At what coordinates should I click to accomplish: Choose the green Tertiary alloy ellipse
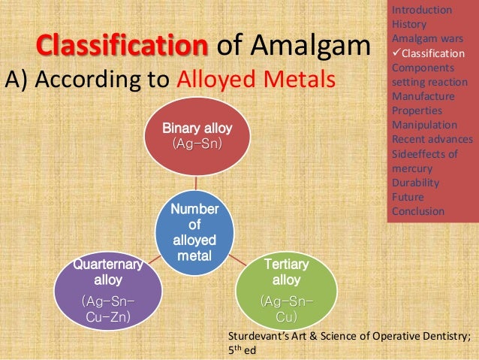(x=286, y=289)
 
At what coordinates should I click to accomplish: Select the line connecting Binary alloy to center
(x=195, y=183)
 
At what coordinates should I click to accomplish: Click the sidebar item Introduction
(x=421, y=10)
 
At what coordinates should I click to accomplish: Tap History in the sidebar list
(x=409, y=24)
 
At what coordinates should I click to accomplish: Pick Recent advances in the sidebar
(x=432, y=139)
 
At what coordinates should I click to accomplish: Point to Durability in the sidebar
(x=415, y=183)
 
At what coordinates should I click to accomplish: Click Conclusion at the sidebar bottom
(x=417, y=211)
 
